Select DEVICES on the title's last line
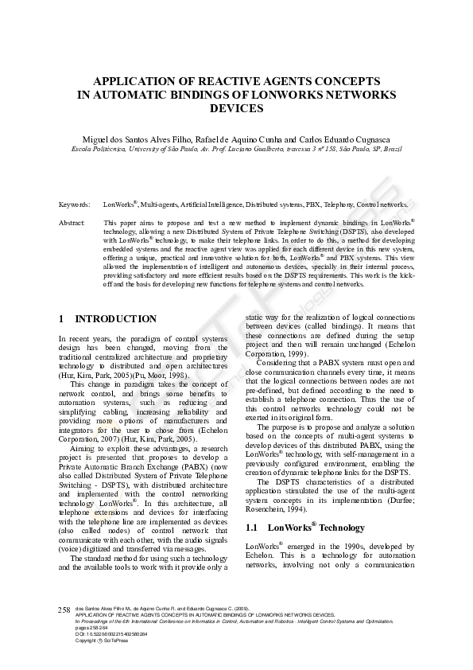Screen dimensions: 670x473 click(236, 107)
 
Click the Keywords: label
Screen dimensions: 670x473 click(74, 205)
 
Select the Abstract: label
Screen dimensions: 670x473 click(72, 224)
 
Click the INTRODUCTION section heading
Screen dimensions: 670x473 click(115, 319)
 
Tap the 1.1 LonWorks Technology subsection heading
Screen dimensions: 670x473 click(305, 527)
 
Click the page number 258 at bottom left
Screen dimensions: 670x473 click(65, 609)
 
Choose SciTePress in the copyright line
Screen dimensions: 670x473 click(114, 641)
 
